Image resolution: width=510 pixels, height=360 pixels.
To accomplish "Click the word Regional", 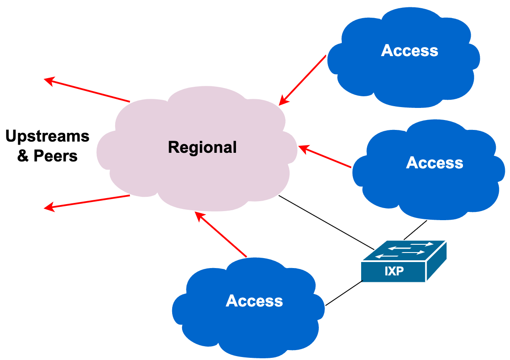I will [202, 147].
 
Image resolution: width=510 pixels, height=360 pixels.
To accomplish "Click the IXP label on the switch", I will [394, 272].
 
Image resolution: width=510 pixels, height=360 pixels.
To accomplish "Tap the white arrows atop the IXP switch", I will [405, 250].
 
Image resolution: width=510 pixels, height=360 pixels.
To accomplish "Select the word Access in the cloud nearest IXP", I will [434, 163].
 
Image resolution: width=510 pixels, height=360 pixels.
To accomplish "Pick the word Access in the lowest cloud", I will [254, 301].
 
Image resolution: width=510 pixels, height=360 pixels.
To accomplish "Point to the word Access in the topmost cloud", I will [409, 51].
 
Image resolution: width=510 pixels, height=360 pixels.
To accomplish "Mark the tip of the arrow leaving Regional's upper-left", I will [46, 79].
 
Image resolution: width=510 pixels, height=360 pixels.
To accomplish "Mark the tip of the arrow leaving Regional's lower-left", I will [46, 208].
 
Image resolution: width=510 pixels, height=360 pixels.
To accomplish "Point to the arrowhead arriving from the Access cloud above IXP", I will [301, 148].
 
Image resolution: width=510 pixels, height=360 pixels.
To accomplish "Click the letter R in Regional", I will [172, 147].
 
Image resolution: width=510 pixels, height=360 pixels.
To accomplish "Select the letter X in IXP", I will [394, 272].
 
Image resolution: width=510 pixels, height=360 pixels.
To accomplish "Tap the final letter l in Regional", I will [235, 147].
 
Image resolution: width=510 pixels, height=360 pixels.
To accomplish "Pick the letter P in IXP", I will [401, 272].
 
